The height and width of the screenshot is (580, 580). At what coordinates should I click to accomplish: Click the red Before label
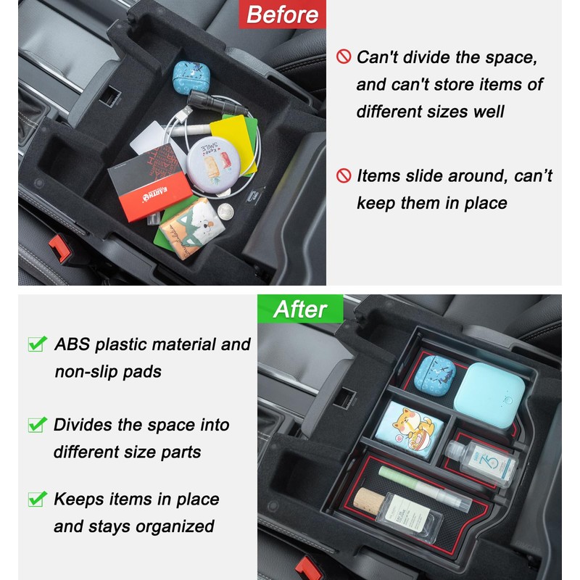tap(281, 14)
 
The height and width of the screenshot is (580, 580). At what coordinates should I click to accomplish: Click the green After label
tap(300, 310)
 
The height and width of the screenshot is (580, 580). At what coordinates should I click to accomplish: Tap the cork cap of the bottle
tap(368, 502)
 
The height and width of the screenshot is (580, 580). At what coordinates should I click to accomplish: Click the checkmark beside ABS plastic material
tap(37, 344)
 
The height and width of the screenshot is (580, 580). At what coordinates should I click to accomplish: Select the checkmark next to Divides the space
tap(37, 425)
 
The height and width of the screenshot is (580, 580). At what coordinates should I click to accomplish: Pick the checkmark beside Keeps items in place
tap(37, 499)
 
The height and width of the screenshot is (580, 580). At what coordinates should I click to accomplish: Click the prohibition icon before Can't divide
tap(344, 57)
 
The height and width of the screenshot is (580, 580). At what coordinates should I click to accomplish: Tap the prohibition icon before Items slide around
tap(344, 175)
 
